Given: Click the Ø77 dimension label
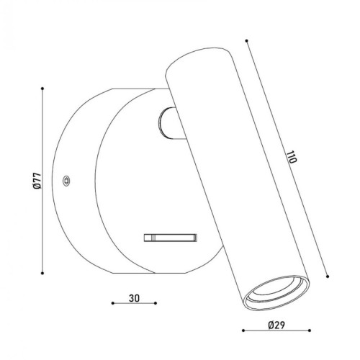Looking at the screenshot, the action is tap(37, 181).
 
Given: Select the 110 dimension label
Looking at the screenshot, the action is tap(292, 157).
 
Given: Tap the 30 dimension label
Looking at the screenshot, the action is tap(134, 298).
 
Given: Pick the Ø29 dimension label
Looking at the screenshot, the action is tap(276, 325).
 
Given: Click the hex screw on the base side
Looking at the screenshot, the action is tap(66, 181).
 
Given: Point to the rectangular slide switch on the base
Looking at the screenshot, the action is tap(171, 238).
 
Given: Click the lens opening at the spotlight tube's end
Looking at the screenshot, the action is tap(276, 292).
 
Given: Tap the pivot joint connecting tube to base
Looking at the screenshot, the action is tap(169, 123).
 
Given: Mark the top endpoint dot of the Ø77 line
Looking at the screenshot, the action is tap(42, 89).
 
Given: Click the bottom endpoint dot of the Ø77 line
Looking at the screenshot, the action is tap(42, 273).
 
